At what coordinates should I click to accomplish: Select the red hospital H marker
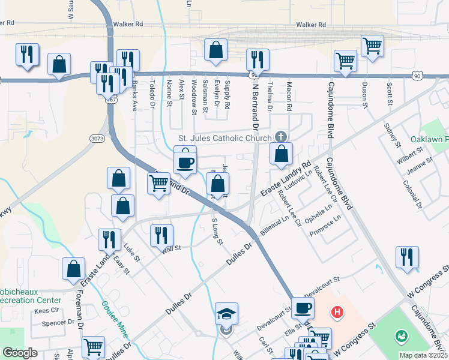coord(338,311)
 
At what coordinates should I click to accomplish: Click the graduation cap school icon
coord(227,314)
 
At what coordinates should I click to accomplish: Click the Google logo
coord(20,352)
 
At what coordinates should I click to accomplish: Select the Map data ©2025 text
coord(423,355)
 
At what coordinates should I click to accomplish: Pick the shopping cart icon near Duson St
coord(372,46)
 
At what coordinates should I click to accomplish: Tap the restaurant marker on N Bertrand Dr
coord(258,59)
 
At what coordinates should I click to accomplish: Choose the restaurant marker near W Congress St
coord(408,257)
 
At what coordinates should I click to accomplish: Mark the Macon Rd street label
coord(289,97)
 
